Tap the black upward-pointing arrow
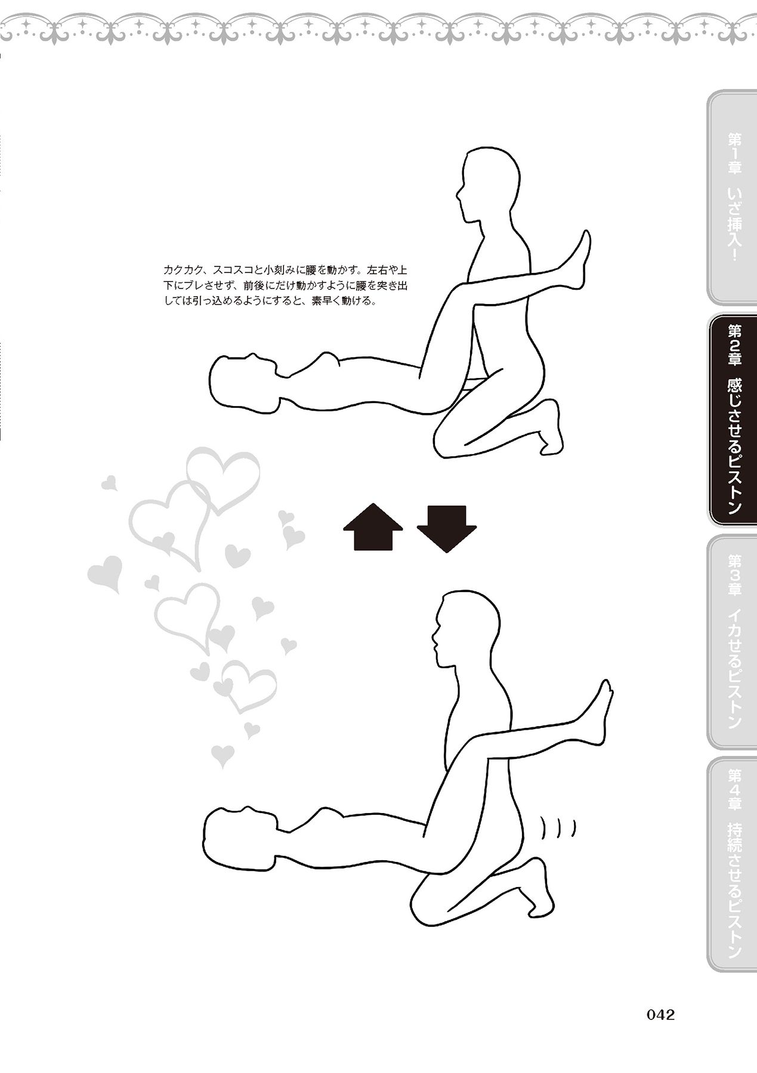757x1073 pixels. tap(373, 526)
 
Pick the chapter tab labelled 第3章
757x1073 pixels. tap(733, 641)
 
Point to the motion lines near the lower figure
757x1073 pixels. tap(558, 828)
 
